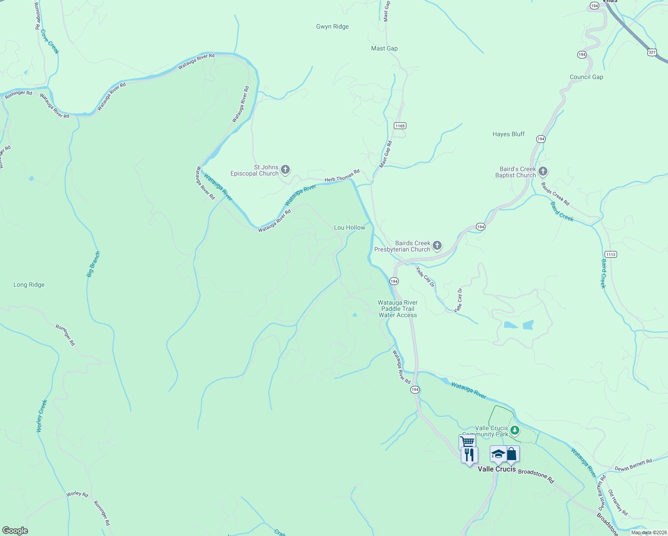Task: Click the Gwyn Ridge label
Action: tap(332, 26)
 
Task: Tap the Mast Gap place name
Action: tap(384, 48)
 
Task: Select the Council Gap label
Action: tap(586, 77)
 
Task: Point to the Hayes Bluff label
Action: tap(508, 134)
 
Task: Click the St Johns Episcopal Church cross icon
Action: tap(285, 170)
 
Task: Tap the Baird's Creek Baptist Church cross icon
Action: tap(543, 172)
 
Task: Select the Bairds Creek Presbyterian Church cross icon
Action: tap(437, 245)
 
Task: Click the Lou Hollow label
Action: tap(350, 227)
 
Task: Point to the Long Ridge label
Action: tap(29, 285)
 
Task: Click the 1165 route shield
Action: tap(400, 126)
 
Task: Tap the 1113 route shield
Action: tap(611, 255)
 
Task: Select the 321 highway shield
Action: tap(652, 52)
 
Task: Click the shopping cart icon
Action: tap(467, 442)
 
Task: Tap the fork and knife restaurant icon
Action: tap(469, 455)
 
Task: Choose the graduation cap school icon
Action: tap(498, 454)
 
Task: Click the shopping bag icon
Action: tap(512, 454)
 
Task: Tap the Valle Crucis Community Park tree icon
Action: tap(515, 430)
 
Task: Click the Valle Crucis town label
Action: tap(497, 469)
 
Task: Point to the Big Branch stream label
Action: tap(93, 264)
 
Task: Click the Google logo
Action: tap(15, 531)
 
